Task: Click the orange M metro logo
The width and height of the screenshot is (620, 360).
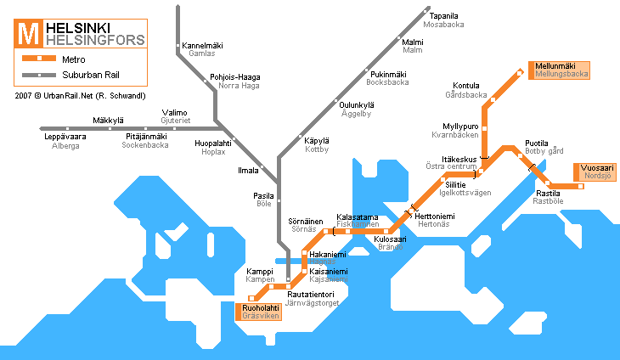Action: click(x=28, y=34)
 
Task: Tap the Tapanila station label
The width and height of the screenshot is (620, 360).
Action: click(x=444, y=15)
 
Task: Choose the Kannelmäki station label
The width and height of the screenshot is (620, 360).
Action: click(x=202, y=44)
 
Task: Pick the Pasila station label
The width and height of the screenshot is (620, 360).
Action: click(x=264, y=195)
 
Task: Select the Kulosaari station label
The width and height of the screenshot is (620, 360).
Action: click(x=391, y=240)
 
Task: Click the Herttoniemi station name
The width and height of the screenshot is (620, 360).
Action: click(x=435, y=217)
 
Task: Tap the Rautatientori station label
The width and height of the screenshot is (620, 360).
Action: click(x=311, y=294)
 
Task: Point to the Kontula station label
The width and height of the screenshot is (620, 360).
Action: click(x=466, y=86)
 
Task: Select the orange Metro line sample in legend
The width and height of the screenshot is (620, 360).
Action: click(x=38, y=59)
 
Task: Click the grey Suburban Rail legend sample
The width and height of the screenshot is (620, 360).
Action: click(x=38, y=76)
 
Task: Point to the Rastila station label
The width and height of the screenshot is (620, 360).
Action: click(x=548, y=194)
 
